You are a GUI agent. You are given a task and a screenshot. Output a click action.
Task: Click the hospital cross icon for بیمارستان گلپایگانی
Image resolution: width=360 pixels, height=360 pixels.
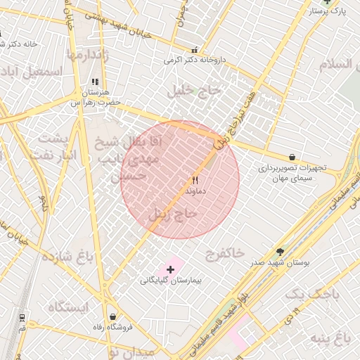(x=170, y=269)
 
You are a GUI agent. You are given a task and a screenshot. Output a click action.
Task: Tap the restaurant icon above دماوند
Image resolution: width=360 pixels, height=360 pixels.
(x=195, y=180)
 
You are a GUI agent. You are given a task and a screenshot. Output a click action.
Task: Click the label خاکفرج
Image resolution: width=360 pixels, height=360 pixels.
(x=225, y=251)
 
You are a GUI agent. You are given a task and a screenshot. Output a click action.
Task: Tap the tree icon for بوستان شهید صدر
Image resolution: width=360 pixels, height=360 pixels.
(x=281, y=251)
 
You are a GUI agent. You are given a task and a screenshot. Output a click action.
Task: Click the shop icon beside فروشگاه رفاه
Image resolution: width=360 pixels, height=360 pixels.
(x=113, y=317)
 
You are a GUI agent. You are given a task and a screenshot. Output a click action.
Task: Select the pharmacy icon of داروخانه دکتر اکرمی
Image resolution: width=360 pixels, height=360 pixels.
(x=195, y=51)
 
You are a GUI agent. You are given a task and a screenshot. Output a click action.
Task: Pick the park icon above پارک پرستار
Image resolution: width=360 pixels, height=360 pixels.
(x=324, y=2)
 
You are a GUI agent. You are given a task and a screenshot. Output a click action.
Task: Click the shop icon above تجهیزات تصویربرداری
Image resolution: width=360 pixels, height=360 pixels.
(x=292, y=157)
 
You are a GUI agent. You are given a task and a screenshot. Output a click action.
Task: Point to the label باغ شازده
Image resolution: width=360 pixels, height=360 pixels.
(x=67, y=255)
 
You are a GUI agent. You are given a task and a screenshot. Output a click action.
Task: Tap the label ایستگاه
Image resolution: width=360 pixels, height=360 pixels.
(x=70, y=307)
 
